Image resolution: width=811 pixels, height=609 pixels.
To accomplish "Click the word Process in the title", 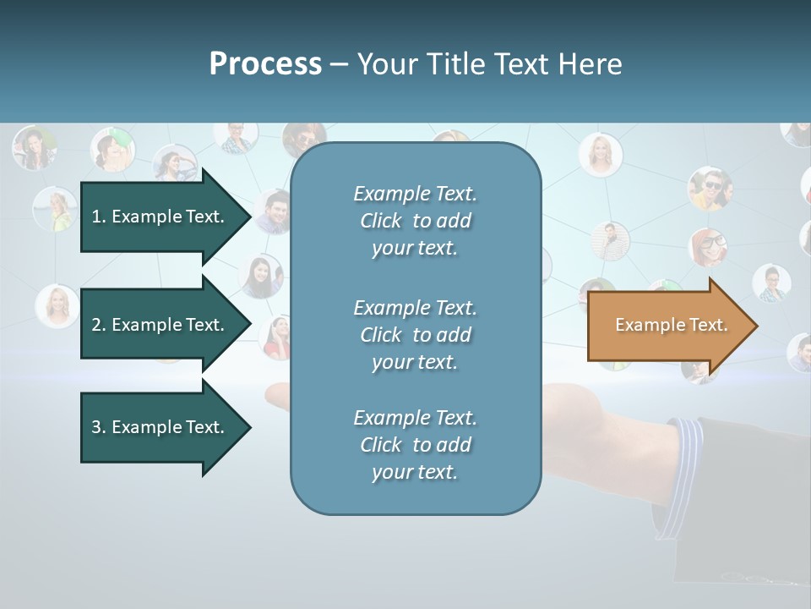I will point(265,64).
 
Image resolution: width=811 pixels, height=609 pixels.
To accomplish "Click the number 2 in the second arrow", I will point(96,325).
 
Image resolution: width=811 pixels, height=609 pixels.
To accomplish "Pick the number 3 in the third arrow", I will point(96,427).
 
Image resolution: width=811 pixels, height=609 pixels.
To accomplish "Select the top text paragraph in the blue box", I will point(415,221).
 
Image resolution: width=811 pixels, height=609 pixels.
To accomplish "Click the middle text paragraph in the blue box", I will point(415,335).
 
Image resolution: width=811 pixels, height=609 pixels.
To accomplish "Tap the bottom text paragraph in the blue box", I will point(415,445).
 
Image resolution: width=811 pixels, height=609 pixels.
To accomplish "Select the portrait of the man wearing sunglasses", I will point(710,188).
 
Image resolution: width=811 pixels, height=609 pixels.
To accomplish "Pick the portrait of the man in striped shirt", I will point(609,240).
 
